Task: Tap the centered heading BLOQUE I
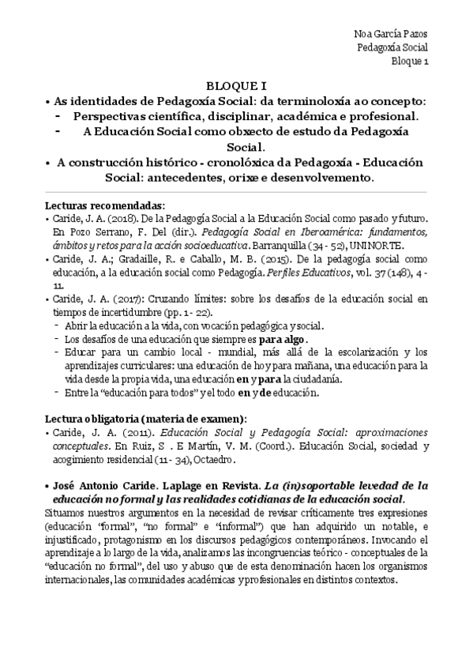point(236,85)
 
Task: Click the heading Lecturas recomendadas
point(104,204)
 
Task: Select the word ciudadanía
point(314,380)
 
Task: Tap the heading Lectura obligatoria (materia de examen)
point(145,418)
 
